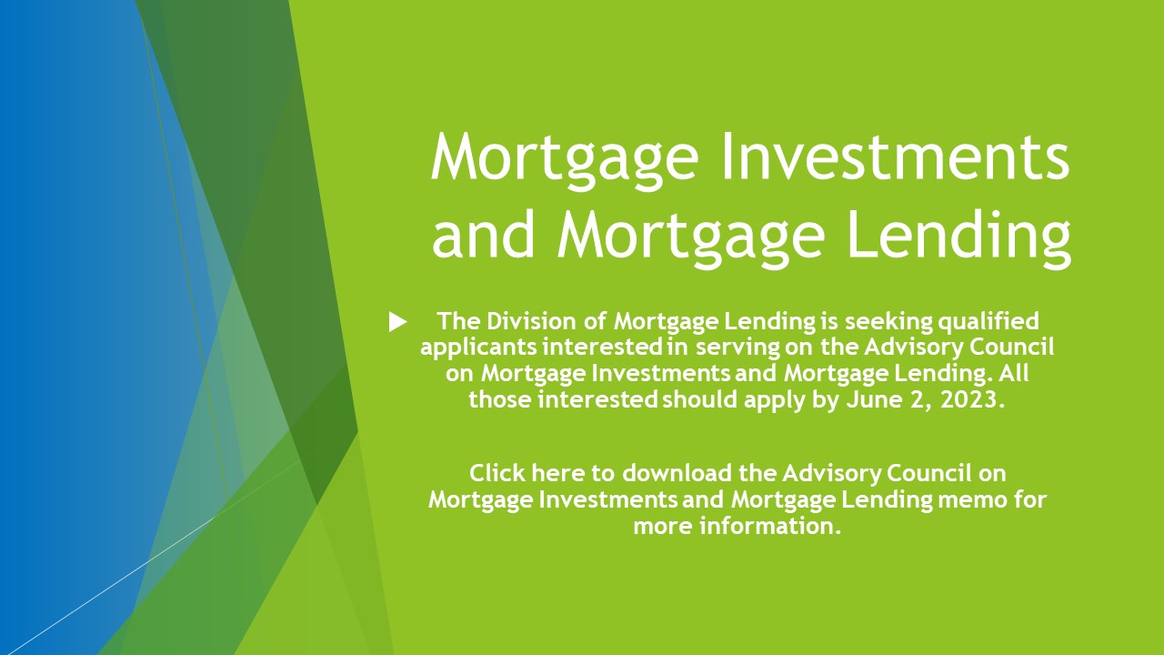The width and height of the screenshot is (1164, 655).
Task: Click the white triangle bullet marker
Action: (397, 322)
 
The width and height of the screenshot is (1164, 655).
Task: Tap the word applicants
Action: (478, 348)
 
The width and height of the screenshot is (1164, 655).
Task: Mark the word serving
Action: (738, 348)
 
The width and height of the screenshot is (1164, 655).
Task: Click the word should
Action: (700, 399)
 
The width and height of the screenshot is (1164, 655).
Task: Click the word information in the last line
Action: (770, 526)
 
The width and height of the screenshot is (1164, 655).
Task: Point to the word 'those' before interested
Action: (500, 399)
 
